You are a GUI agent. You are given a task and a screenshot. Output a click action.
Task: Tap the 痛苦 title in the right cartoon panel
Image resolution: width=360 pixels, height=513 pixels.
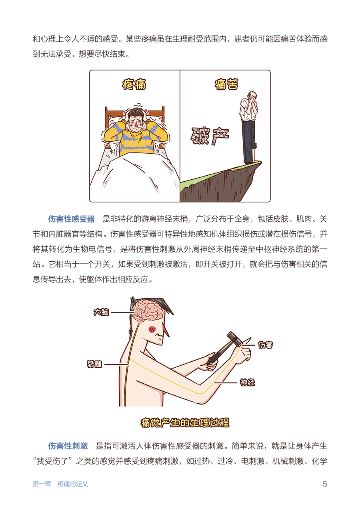226,84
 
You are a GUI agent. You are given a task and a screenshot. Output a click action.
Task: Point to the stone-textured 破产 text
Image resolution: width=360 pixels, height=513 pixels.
210,136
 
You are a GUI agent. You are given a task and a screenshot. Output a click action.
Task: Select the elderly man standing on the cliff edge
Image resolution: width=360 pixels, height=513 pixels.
249,127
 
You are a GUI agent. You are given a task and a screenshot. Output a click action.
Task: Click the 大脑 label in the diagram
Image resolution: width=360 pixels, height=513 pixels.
101,312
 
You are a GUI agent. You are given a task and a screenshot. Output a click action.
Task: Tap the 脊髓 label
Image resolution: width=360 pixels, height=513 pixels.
94,364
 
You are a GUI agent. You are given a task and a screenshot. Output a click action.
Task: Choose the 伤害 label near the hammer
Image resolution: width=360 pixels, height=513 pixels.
265,345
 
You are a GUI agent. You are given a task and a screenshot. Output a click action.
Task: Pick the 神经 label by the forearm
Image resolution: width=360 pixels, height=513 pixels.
247,382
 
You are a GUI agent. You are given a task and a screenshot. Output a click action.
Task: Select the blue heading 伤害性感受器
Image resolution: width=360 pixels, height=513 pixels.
72,219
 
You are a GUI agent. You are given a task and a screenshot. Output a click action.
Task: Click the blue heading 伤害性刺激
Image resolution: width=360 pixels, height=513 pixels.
68,446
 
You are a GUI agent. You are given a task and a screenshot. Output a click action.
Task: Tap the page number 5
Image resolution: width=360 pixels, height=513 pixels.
325,484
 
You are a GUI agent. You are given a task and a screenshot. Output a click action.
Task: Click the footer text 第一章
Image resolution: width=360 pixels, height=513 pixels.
42,484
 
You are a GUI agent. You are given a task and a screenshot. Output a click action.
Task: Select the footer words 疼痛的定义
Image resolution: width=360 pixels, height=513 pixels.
72,484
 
